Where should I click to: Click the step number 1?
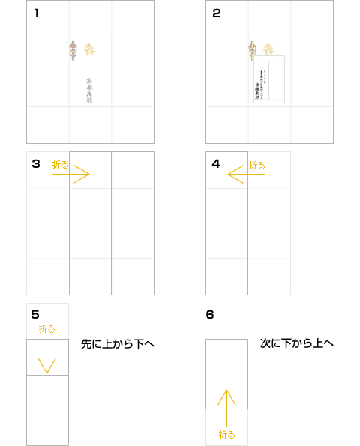(37, 13)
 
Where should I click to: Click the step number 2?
(217, 13)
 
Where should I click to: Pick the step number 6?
(210, 314)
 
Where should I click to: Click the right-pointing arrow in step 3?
(71, 175)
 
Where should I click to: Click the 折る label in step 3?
(60, 164)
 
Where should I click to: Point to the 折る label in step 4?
(256, 164)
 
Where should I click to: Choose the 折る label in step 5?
(47, 329)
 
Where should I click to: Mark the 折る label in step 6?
(226, 434)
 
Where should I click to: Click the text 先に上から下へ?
(118, 344)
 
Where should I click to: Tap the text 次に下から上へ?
(297, 343)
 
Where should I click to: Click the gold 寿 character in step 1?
(90, 49)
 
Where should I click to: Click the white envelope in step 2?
(270, 79)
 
